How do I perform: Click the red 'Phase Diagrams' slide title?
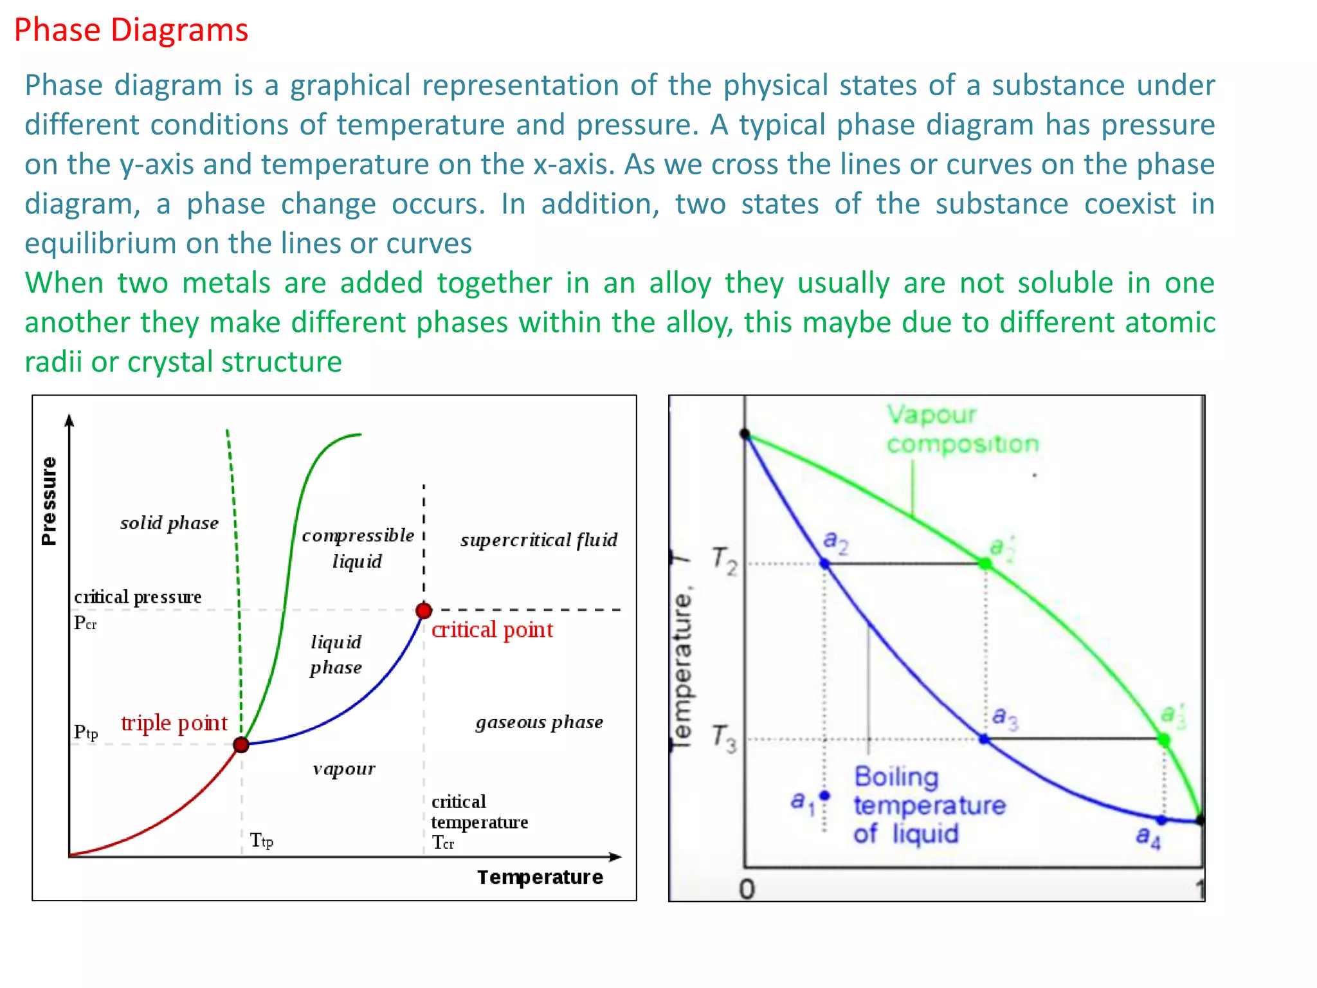coord(131,30)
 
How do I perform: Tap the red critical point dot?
coord(424,610)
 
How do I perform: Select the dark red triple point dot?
coord(241,745)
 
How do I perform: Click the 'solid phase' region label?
coord(169,523)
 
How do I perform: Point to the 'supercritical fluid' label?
coord(538,540)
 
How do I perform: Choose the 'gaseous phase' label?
coord(539,722)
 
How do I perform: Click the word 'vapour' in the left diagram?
coord(344,769)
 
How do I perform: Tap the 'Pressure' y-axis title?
coord(49,501)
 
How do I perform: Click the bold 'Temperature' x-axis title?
coord(540,877)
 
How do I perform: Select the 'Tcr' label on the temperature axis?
coord(442,843)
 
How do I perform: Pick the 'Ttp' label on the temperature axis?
coord(261,840)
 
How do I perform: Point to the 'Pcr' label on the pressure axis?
coord(85,623)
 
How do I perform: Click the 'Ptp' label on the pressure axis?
coord(86,732)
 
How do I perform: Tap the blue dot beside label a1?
coord(824,796)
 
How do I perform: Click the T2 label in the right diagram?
coord(725,560)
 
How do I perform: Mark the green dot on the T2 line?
coord(985,564)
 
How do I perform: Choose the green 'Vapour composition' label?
coord(962,429)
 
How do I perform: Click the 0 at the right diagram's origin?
coord(747,889)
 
